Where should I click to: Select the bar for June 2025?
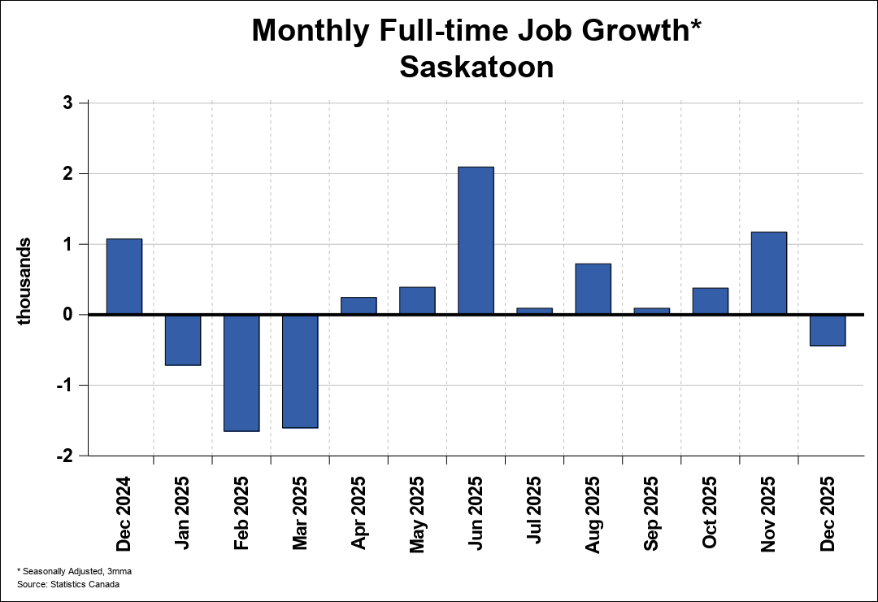(x=476, y=240)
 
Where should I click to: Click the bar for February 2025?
(x=241, y=373)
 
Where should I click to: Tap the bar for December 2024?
(x=124, y=276)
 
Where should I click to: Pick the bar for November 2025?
(x=768, y=273)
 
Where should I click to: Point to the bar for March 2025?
(x=300, y=371)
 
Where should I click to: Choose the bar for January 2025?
(x=183, y=340)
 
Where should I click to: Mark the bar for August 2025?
(x=593, y=289)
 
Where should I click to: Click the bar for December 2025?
(x=827, y=330)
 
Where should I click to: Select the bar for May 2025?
(x=417, y=300)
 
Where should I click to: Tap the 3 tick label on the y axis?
(x=67, y=103)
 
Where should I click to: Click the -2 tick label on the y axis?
(x=64, y=456)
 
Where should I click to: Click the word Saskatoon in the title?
(x=476, y=67)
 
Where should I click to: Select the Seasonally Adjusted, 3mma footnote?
(x=76, y=571)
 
